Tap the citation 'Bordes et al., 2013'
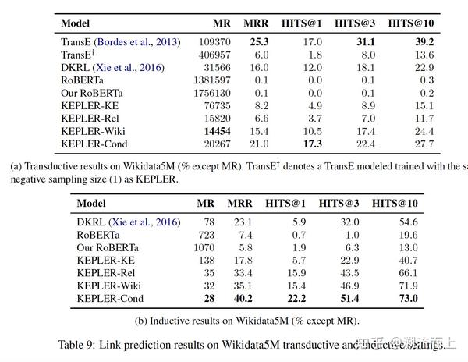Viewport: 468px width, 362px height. point(137,42)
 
